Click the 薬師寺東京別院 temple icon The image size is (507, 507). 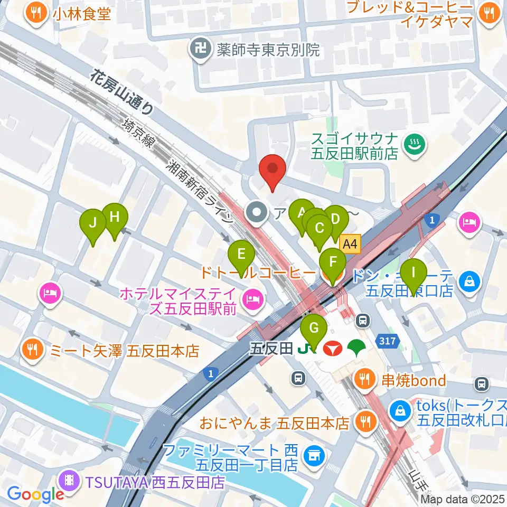(200, 50)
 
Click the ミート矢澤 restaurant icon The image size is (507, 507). (32, 350)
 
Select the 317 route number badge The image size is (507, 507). (387, 342)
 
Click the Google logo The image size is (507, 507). (35, 494)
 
